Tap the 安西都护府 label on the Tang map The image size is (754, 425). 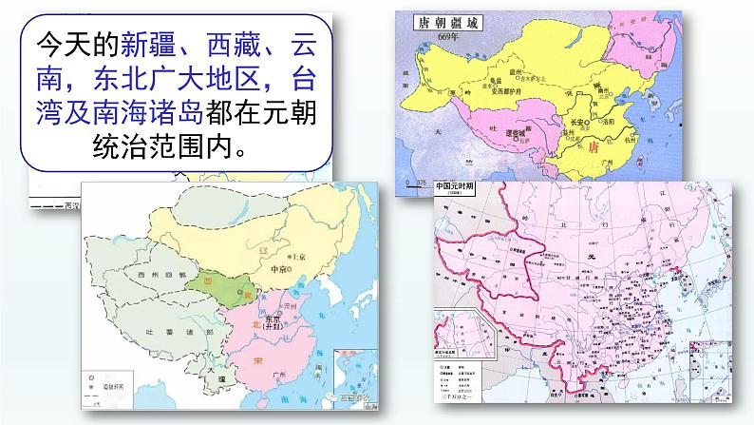point(505,91)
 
